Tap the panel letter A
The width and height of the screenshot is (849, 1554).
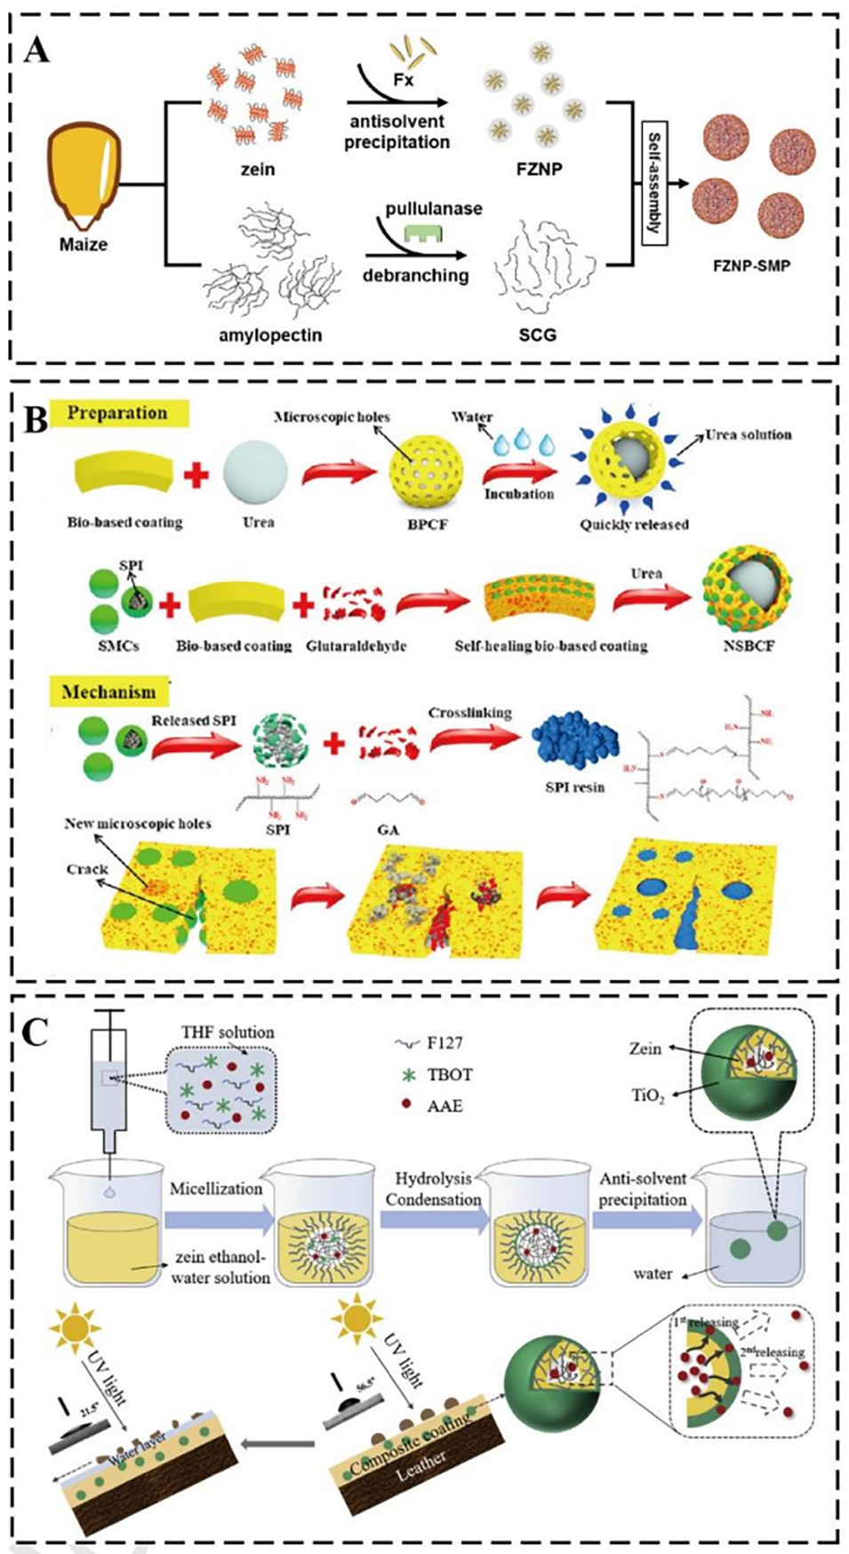(x=36, y=50)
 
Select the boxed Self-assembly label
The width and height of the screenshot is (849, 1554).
(x=654, y=185)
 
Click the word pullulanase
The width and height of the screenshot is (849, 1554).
(x=434, y=209)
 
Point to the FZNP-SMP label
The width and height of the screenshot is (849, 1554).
(x=751, y=265)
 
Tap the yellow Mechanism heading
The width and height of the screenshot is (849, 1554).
(x=108, y=691)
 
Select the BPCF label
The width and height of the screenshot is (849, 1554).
(x=427, y=524)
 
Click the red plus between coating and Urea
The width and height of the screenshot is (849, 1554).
(x=196, y=475)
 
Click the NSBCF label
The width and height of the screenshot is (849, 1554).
(x=749, y=645)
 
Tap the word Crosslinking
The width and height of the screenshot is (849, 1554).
(x=469, y=713)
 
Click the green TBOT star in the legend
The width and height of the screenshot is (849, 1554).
(x=409, y=1075)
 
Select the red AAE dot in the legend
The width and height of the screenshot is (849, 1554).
(x=407, y=1104)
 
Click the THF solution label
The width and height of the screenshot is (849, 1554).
(x=228, y=1032)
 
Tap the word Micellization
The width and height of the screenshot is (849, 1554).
(x=216, y=1188)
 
